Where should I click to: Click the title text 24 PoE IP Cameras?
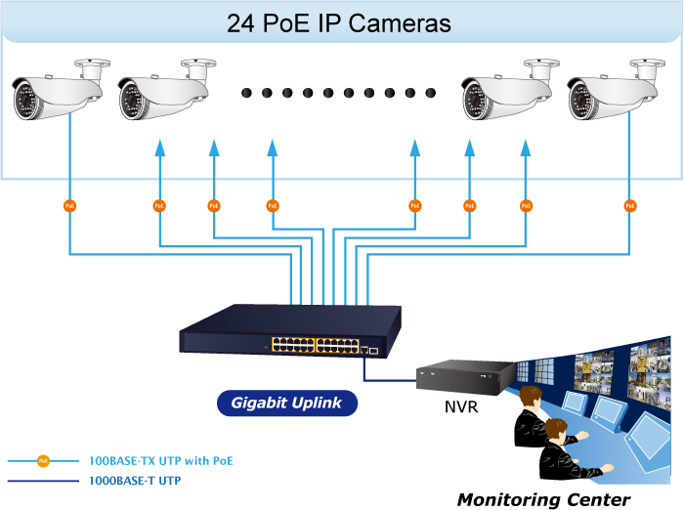pos(338,23)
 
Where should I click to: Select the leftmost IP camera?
pos(61,90)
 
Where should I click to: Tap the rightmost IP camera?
pos(617,90)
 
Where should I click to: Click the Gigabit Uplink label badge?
pos(287,403)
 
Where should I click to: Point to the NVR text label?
pos(461,407)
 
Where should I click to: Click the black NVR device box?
pos(465,377)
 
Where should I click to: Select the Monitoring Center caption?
pos(543,499)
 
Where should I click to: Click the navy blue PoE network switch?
pos(290,331)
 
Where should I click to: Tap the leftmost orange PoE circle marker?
pos(69,206)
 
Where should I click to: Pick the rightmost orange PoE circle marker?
pos(630,206)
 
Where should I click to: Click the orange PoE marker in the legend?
pos(43,461)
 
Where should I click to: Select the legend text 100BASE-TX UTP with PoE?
pos(161,461)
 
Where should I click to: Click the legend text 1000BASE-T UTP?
pos(135,481)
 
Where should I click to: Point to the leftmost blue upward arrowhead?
pos(160,148)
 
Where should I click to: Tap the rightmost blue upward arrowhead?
pos(526,148)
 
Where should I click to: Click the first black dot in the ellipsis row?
pos(246,93)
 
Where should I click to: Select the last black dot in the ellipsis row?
pos(431,93)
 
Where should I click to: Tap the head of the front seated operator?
pos(557,431)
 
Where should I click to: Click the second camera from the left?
pos(167,90)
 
